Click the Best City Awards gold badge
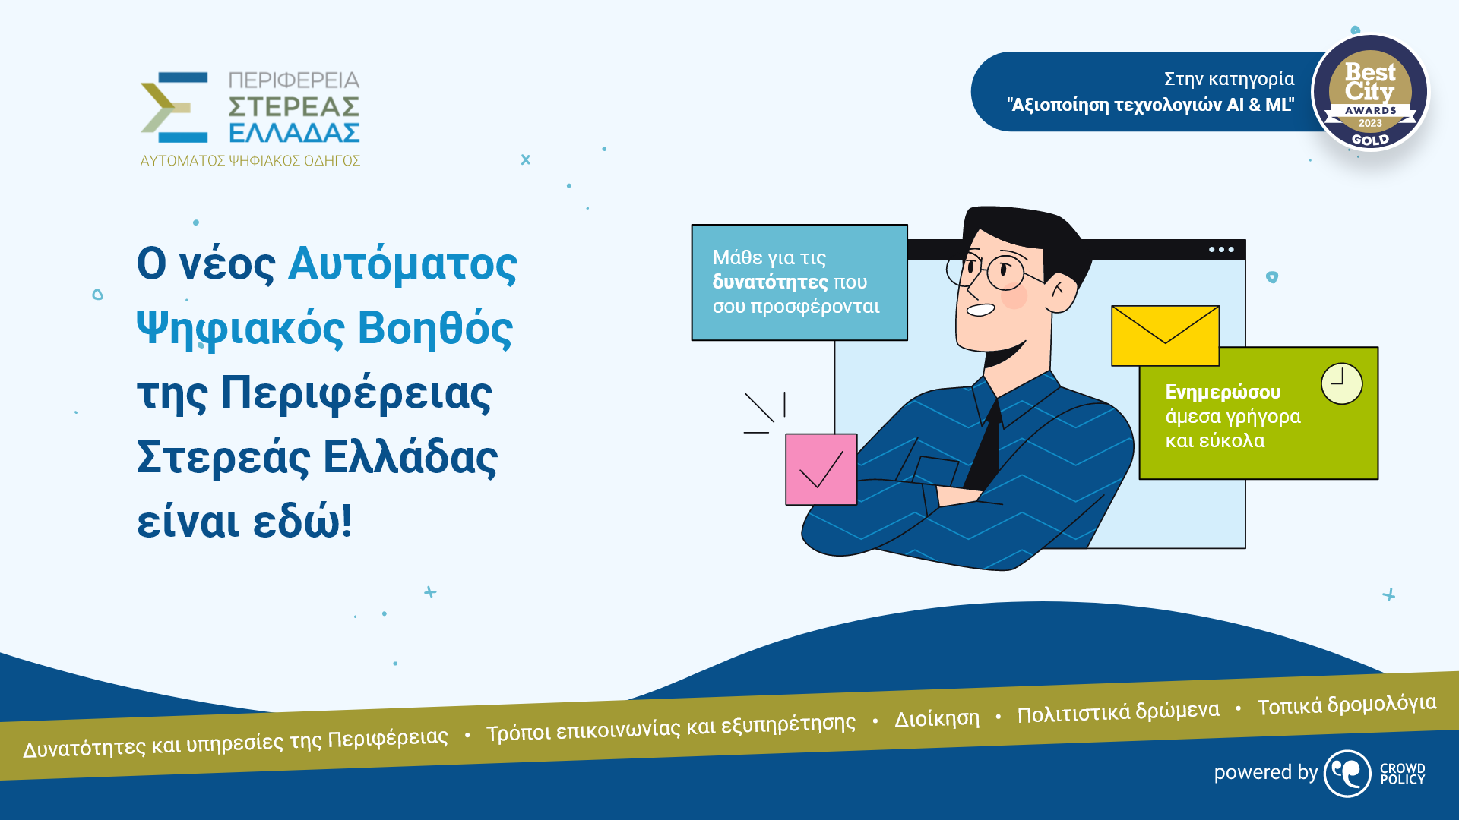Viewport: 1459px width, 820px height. [1370, 93]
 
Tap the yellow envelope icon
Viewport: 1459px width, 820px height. [1165, 336]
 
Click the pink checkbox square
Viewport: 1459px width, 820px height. [821, 469]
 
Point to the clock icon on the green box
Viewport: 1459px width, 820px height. [1341, 383]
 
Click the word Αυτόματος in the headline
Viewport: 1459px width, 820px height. [403, 264]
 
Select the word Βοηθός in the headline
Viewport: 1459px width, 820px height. [435, 329]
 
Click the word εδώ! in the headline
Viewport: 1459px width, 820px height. [302, 522]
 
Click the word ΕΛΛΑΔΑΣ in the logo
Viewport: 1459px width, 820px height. [294, 133]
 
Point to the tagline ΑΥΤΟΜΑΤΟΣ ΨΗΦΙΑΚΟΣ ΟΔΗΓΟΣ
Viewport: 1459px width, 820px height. [250, 161]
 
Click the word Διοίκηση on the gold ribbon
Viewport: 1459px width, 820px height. [936, 718]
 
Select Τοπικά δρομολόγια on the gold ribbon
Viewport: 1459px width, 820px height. [1347, 705]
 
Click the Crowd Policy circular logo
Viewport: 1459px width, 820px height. [1347, 774]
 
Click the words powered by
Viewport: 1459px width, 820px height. [1265, 772]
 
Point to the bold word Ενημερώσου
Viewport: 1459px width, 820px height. [1223, 392]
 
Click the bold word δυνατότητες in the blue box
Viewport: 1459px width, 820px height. [770, 282]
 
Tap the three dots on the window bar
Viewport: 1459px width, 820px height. [1221, 249]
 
